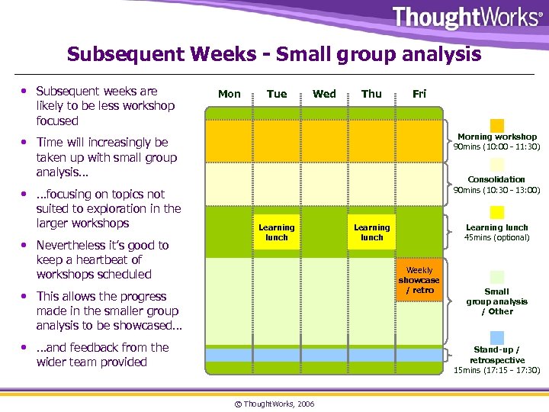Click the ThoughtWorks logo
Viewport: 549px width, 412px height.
(467, 18)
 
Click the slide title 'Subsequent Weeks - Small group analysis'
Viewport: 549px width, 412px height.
(274, 54)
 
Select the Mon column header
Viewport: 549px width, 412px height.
(230, 94)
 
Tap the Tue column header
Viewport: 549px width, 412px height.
(277, 94)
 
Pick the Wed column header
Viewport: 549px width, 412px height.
(324, 94)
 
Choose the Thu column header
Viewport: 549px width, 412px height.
(371, 94)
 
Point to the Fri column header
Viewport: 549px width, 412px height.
(419, 94)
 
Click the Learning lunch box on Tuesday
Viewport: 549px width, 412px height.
(277, 232)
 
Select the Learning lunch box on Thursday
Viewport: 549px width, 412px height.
(371, 232)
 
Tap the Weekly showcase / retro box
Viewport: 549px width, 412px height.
(419, 280)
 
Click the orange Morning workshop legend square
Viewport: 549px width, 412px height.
(497, 125)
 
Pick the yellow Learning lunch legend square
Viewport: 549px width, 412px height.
(497, 213)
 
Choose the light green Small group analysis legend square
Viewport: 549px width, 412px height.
(497, 277)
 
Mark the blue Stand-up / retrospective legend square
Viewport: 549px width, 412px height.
(497, 337)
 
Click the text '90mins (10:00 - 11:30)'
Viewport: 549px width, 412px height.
(496, 147)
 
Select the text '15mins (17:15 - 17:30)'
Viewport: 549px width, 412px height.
(496, 370)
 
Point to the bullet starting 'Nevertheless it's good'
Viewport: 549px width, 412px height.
(103, 259)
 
